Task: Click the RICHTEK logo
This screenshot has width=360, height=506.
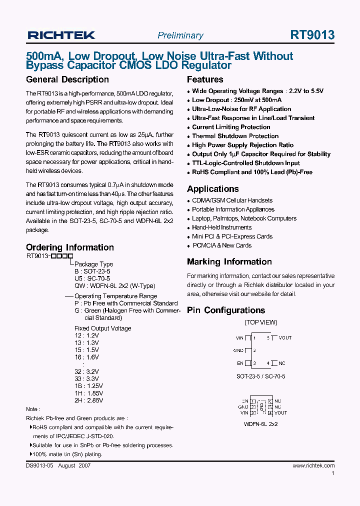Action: (61, 35)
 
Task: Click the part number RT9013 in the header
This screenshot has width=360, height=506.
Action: (312, 34)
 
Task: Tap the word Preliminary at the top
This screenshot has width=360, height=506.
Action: (180, 35)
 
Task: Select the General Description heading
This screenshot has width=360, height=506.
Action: (67, 79)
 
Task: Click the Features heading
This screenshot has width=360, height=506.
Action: (205, 79)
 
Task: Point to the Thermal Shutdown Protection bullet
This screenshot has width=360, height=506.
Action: (235, 136)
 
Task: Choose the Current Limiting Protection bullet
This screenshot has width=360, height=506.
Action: (231, 127)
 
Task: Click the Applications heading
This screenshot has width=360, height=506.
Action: (212, 189)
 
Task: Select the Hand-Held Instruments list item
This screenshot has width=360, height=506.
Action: (221, 227)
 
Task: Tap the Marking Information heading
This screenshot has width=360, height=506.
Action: (229, 261)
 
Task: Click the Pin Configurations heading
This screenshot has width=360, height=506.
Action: (225, 310)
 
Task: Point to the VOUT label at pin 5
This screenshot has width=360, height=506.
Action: (285, 338)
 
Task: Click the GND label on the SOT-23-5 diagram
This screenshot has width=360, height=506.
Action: (238, 350)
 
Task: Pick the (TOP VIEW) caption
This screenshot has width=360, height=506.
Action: (260, 322)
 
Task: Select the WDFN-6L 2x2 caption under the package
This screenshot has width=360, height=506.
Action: (261, 424)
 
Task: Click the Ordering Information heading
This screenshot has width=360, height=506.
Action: (69, 247)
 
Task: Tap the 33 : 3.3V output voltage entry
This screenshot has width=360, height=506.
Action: (86, 379)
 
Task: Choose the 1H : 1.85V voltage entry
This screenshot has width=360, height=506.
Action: (88, 393)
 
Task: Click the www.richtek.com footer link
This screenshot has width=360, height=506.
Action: (313, 465)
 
